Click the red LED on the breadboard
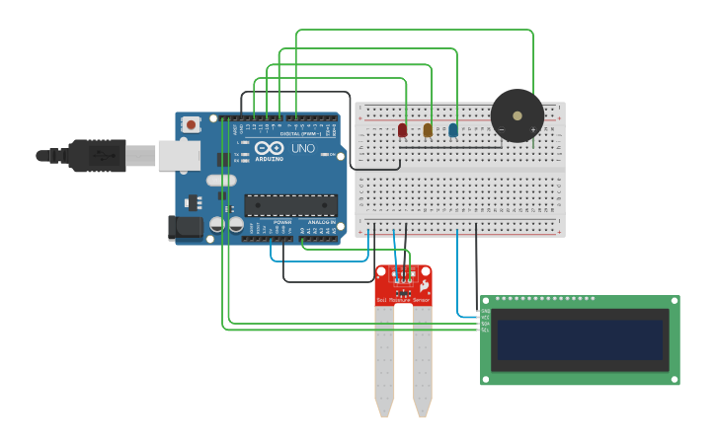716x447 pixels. click(402, 130)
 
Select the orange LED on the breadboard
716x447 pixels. click(428, 130)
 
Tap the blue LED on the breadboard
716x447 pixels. click(453, 130)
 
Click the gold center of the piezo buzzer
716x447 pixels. click(517, 116)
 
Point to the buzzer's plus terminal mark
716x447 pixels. click(533, 130)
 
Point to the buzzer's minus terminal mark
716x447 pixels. click(502, 130)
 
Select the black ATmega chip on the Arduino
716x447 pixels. click(291, 204)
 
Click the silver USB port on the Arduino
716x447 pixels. click(179, 155)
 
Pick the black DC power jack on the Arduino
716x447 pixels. click(185, 228)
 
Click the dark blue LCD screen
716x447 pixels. click(578, 338)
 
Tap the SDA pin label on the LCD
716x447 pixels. click(485, 324)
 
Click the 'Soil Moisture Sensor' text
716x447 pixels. click(403, 298)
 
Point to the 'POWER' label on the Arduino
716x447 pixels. click(282, 222)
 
